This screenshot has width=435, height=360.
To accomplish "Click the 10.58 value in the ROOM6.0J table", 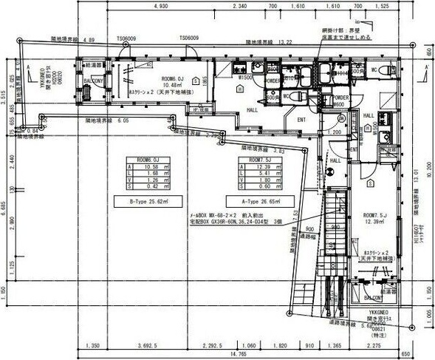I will (x=146, y=167).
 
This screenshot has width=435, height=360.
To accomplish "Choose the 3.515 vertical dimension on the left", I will (x=4, y=95).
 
